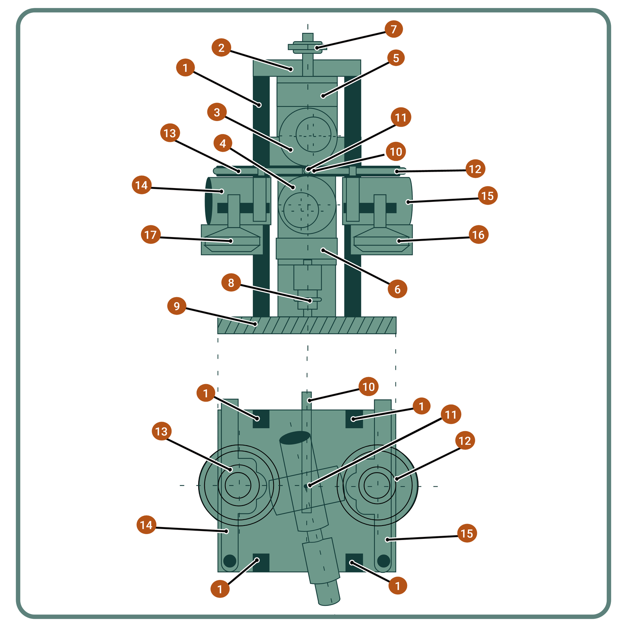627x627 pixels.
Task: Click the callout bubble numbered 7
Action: pos(393,29)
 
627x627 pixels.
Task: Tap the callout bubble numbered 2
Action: pos(221,48)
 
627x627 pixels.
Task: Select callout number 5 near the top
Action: pos(396,58)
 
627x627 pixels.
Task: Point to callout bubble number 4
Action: pos(223,143)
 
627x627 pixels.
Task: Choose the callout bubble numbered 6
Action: pos(397,289)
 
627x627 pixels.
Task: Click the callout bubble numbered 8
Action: pos(231,283)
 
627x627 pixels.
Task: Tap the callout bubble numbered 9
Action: pos(177,306)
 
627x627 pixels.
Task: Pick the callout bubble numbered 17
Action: pos(150,235)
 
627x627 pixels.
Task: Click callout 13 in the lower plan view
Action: pos(161,431)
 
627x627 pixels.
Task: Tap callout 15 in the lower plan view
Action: pos(467,533)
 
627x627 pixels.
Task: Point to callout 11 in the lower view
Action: pos(451,414)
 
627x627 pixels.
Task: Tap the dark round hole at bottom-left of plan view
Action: pos(230,560)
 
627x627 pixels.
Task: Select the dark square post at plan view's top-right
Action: pos(354,419)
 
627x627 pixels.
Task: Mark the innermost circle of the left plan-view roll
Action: pos(238,486)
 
